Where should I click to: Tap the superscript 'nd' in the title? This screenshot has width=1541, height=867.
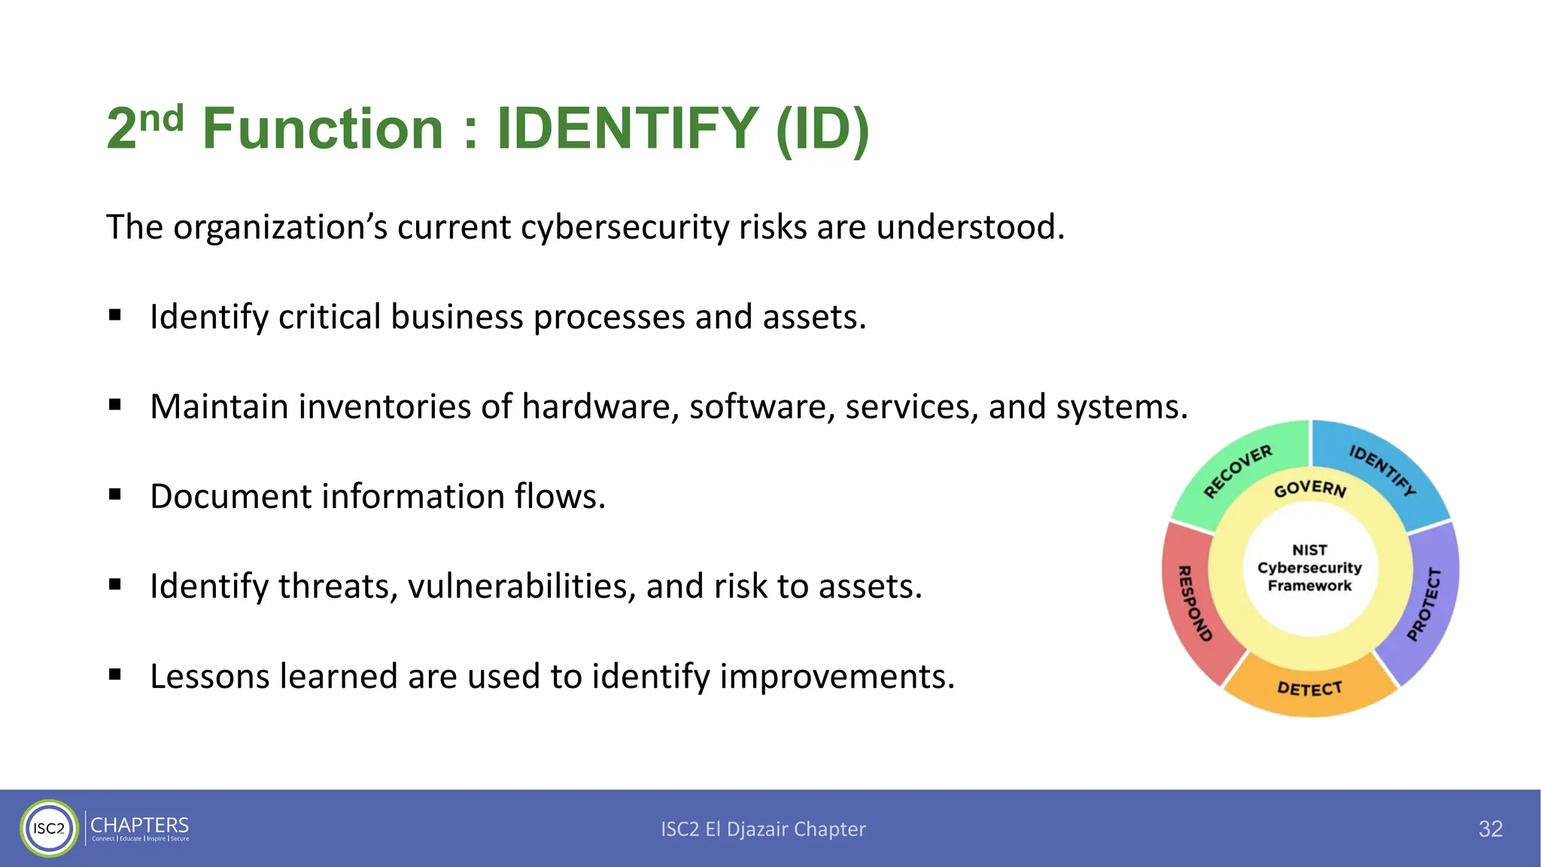point(161,119)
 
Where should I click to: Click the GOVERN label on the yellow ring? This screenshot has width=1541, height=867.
point(1310,489)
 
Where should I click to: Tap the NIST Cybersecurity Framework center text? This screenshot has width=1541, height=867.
point(1309,568)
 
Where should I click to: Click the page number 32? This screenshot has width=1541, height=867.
point(1490,829)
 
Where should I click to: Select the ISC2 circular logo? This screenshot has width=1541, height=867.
point(49,829)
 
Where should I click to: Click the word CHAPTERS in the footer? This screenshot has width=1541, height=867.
point(140,825)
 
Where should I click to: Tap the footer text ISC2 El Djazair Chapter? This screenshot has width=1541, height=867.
point(763,829)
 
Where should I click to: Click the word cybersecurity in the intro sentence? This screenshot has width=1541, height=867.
point(624,227)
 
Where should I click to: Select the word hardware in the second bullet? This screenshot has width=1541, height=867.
point(600,407)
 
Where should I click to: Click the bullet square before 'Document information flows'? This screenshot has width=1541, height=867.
point(115,494)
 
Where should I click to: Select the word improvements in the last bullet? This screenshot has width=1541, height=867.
point(836,676)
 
